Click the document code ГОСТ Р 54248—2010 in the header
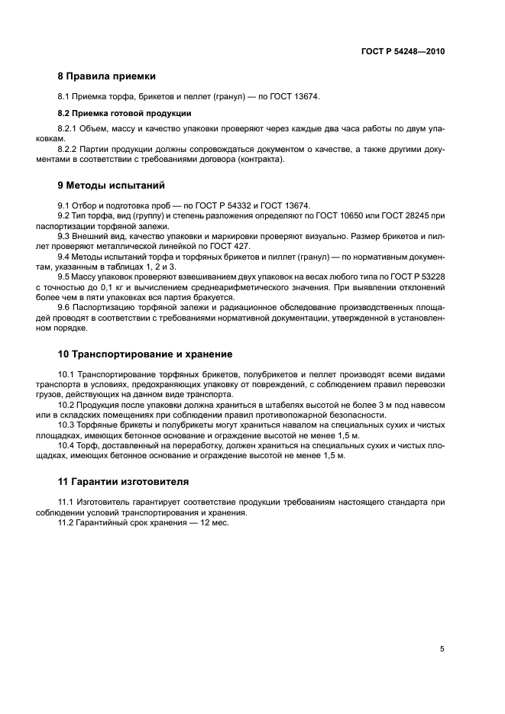coord(403,51)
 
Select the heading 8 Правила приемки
coord(107,76)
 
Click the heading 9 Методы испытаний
coord(111,186)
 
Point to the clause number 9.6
coord(65,308)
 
